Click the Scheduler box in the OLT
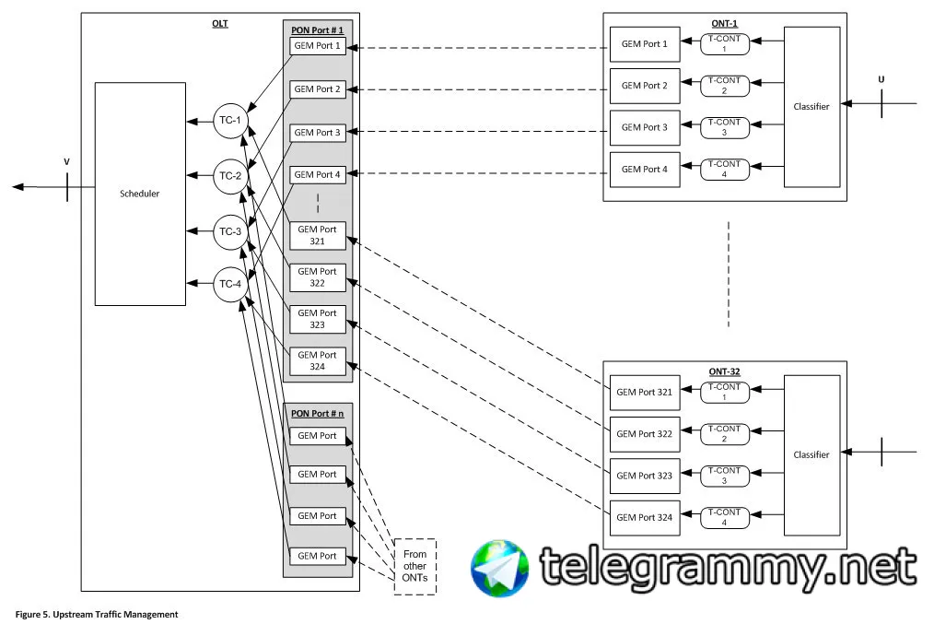pyautogui.click(x=140, y=194)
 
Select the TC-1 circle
pyautogui.click(x=228, y=121)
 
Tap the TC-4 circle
pyautogui.click(x=228, y=285)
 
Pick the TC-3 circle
pyautogui.click(x=228, y=231)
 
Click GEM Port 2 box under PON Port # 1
pyautogui.click(x=318, y=89)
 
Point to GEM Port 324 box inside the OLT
pyautogui.click(x=318, y=360)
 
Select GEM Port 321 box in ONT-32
pyautogui.click(x=645, y=393)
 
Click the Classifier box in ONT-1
pyautogui.click(x=811, y=107)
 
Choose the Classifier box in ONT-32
pyautogui.click(x=811, y=455)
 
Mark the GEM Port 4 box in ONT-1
pyautogui.click(x=645, y=170)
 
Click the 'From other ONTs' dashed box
pyautogui.click(x=414, y=566)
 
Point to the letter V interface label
pyautogui.click(x=66, y=162)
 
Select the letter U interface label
pyautogui.click(x=881, y=80)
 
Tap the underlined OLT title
pyautogui.click(x=220, y=23)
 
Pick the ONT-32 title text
pyautogui.click(x=724, y=372)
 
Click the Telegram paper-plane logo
pyautogui.click(x=500, y=567)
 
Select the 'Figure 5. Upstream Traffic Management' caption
pyautogui.click(x=97, y=614)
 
